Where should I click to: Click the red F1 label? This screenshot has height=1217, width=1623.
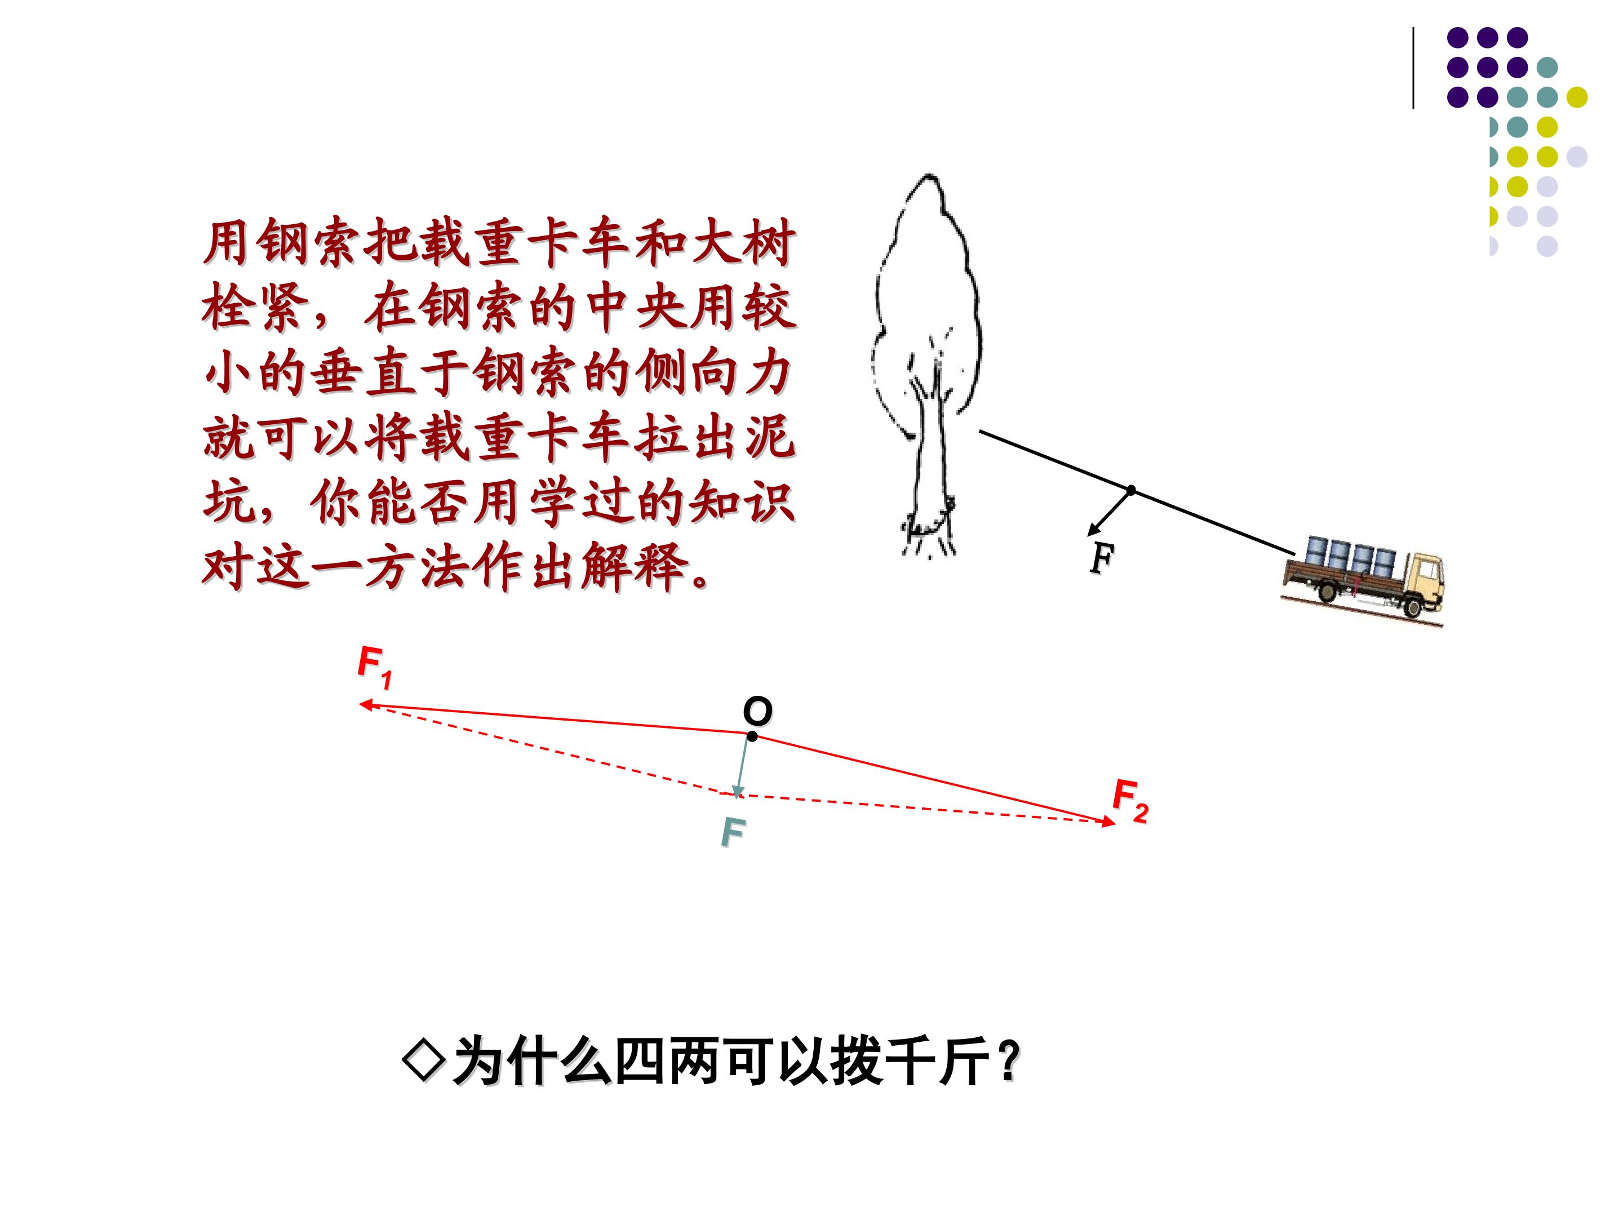pos(375,668)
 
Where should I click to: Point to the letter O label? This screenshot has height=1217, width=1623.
pos(757,711)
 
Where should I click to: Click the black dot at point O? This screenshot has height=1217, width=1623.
pos(751,736)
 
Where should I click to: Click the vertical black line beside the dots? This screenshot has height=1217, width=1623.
pos(1414,68)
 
